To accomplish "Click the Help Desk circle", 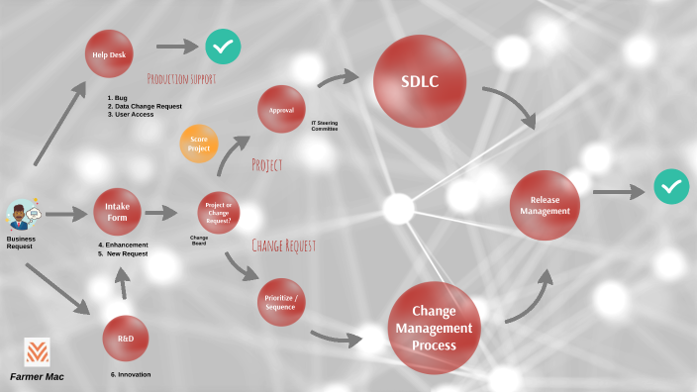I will click(109, 53).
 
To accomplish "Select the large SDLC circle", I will click(420, 81).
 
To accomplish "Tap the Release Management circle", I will click(545, 206).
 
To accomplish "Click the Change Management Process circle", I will click(434, 328).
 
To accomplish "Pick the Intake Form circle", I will click(118, 213).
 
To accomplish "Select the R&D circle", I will click(126, 339).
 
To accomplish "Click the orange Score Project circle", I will click(199, 144).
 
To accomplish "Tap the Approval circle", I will click(281, 109).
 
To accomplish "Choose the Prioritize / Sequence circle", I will click(280, 302).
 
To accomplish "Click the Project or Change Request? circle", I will click(218, 212).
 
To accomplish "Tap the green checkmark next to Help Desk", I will click(224, 46).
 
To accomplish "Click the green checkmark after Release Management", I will click(671, 186).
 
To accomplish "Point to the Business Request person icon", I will click(22, 215).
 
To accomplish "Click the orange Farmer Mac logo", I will click(37, 352).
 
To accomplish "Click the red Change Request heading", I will click(283, 245).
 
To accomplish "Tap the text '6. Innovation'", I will click(131, 374).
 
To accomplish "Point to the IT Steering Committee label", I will click(325, 126).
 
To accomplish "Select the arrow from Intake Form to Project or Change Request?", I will click(160, 212).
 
